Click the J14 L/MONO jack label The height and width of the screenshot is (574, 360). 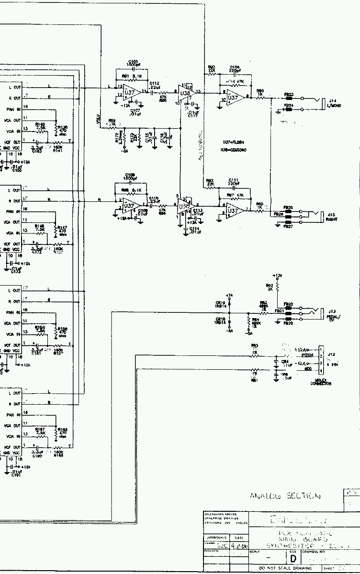click(x=334, y=103)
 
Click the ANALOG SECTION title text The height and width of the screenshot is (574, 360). click(x=285, y=496)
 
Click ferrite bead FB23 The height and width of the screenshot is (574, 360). click(x=289, y=99)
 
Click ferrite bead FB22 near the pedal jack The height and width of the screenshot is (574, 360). click(x=288, y=308)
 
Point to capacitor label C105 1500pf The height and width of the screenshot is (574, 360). click(x=133, y=63)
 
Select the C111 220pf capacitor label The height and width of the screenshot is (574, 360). click(x=234, y=182)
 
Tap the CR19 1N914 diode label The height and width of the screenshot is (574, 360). click(x=220, y=305)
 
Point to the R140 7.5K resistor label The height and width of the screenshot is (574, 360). click(x=41, y=126)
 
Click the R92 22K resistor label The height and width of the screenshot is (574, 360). click(x=210, y=182)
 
